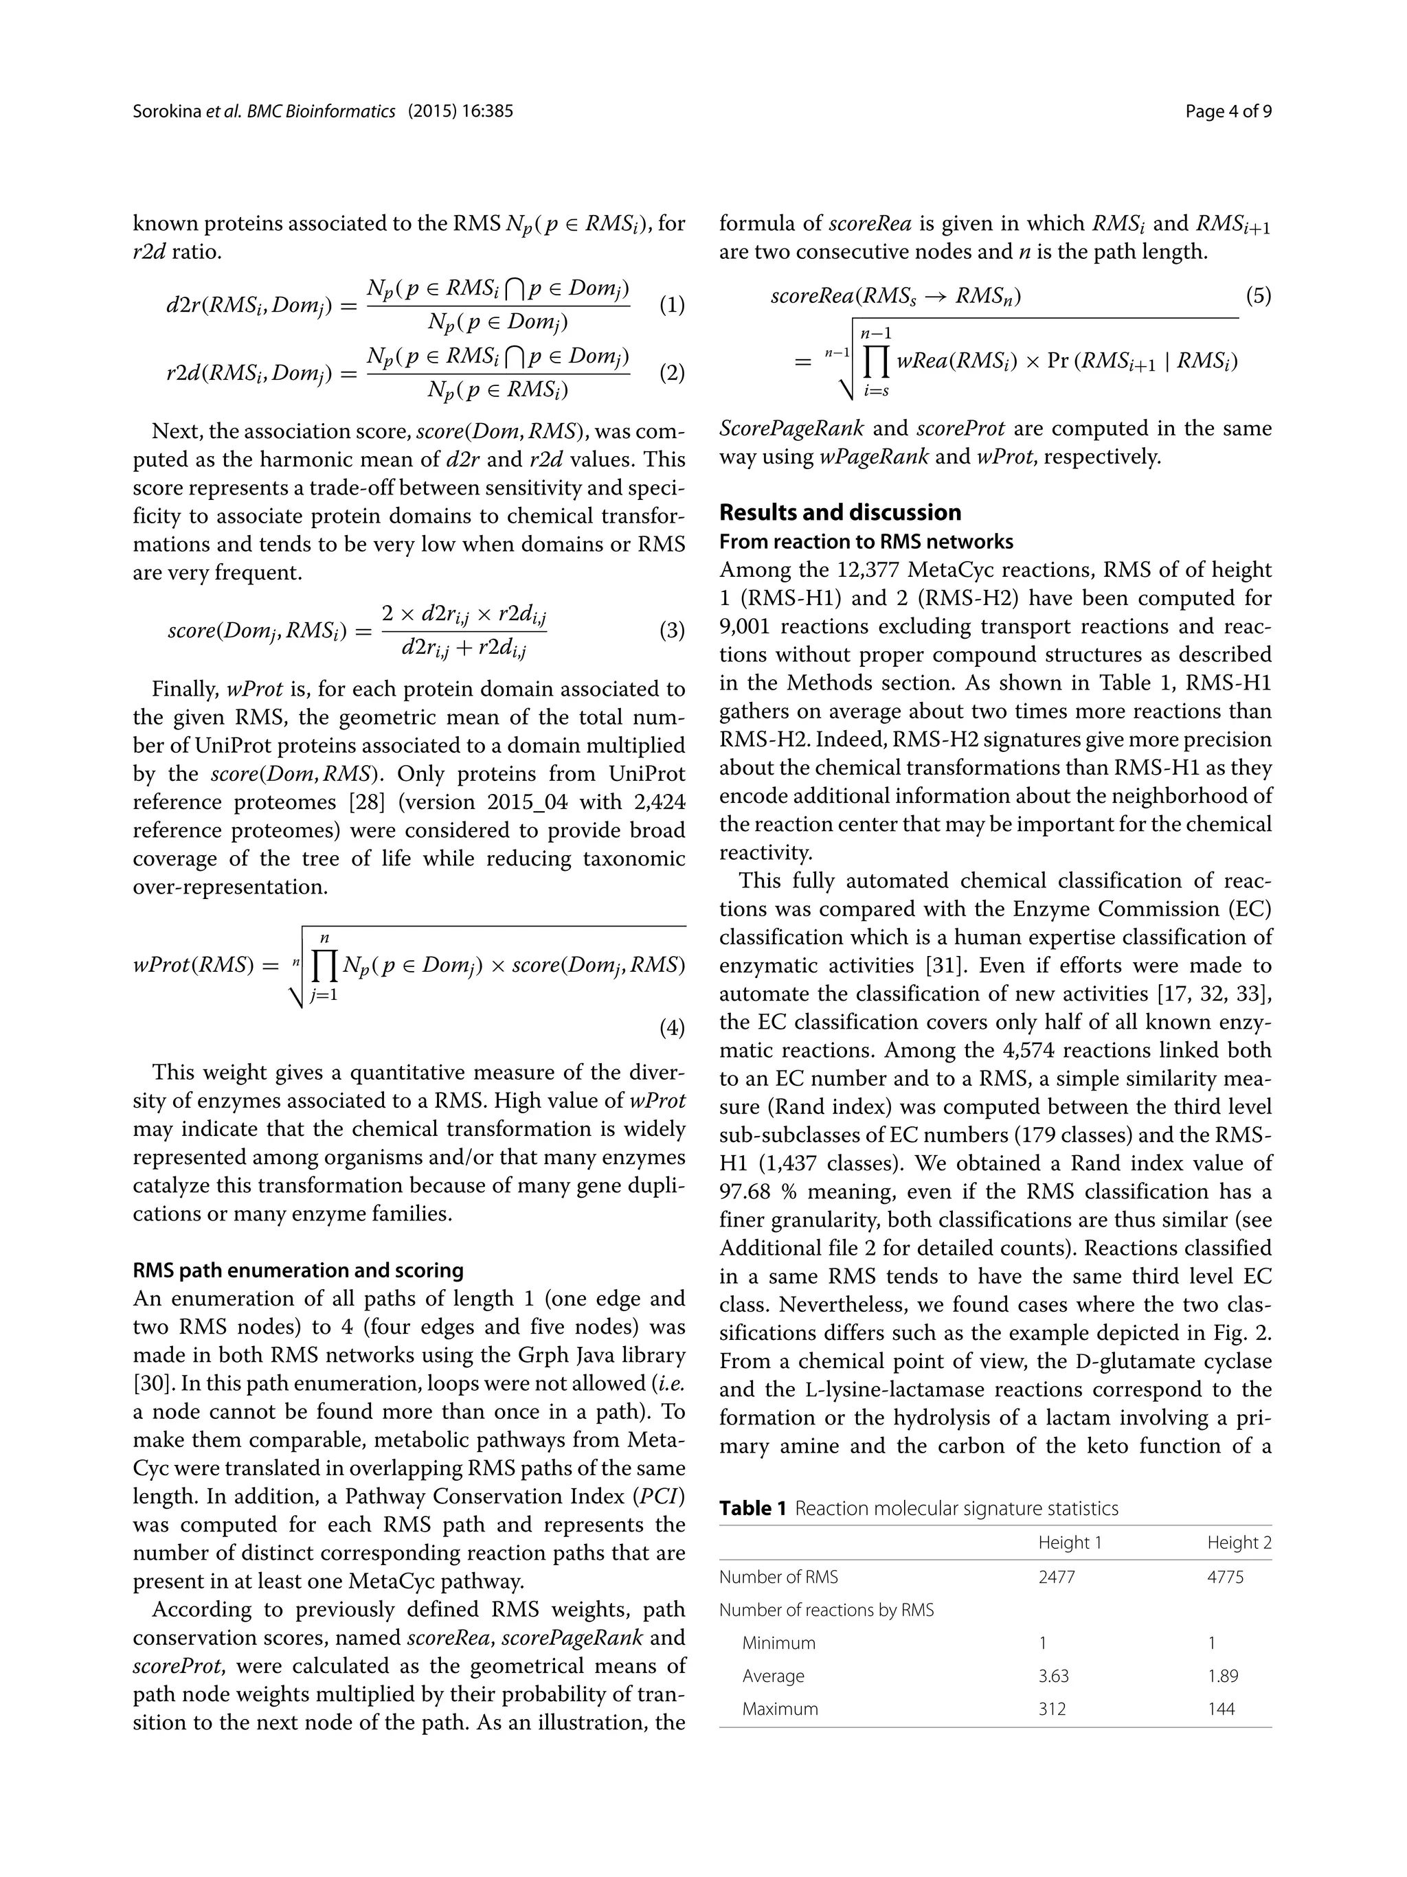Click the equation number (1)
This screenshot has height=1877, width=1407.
coord(671,305)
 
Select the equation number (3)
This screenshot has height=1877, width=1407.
coord(671,630)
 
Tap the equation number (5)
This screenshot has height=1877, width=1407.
coord(1258,296)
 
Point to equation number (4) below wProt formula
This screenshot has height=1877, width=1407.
coord(671,1028)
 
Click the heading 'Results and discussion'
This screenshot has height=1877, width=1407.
coord(840,512)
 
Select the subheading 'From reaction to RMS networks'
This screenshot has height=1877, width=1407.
coord(866,541)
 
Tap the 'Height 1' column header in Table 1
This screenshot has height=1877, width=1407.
coord(1069,1543)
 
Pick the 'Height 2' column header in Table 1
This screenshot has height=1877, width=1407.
coord(1239,1543)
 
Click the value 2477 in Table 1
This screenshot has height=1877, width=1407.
coord(1057,1577)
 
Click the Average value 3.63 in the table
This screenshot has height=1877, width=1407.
coord(1053,1676)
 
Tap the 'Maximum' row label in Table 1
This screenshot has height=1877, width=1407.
coord(780,1709)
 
